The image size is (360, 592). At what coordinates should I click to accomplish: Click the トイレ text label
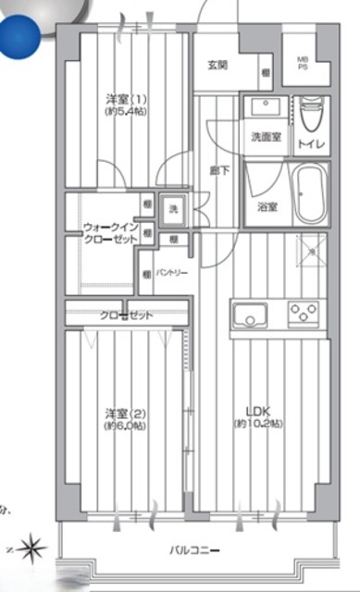(309, 144)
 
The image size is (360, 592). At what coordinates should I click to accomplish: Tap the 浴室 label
(267, 207)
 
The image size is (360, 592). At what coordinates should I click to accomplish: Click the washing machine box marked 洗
(173, 210)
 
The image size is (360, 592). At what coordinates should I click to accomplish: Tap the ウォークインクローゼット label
(110, 232)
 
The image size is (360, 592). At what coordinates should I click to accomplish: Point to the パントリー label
(171, 273)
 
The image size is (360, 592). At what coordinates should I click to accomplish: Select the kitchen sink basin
(248, 314)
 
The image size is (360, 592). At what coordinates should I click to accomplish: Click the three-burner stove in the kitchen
(303, 314)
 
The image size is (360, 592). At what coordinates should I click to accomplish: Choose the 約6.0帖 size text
(126, 425)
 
